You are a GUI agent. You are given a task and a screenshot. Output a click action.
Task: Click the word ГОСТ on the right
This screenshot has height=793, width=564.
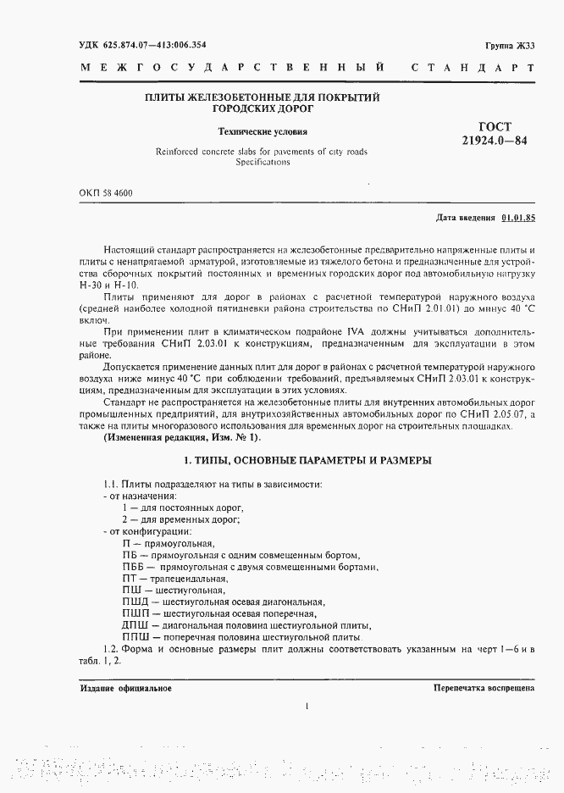click(x=495, y=126)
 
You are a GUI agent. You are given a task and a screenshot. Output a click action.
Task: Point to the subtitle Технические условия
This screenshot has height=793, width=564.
click(x=263, y=132)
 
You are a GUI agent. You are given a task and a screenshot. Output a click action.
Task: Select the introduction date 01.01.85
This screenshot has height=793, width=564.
click(x=518, y=218)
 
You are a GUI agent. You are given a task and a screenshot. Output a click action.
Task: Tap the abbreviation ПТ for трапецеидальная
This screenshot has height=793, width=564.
click(x=130, y=579)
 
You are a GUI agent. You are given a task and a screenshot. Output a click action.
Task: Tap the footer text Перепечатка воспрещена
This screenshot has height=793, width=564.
click(x=484, y=688)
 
